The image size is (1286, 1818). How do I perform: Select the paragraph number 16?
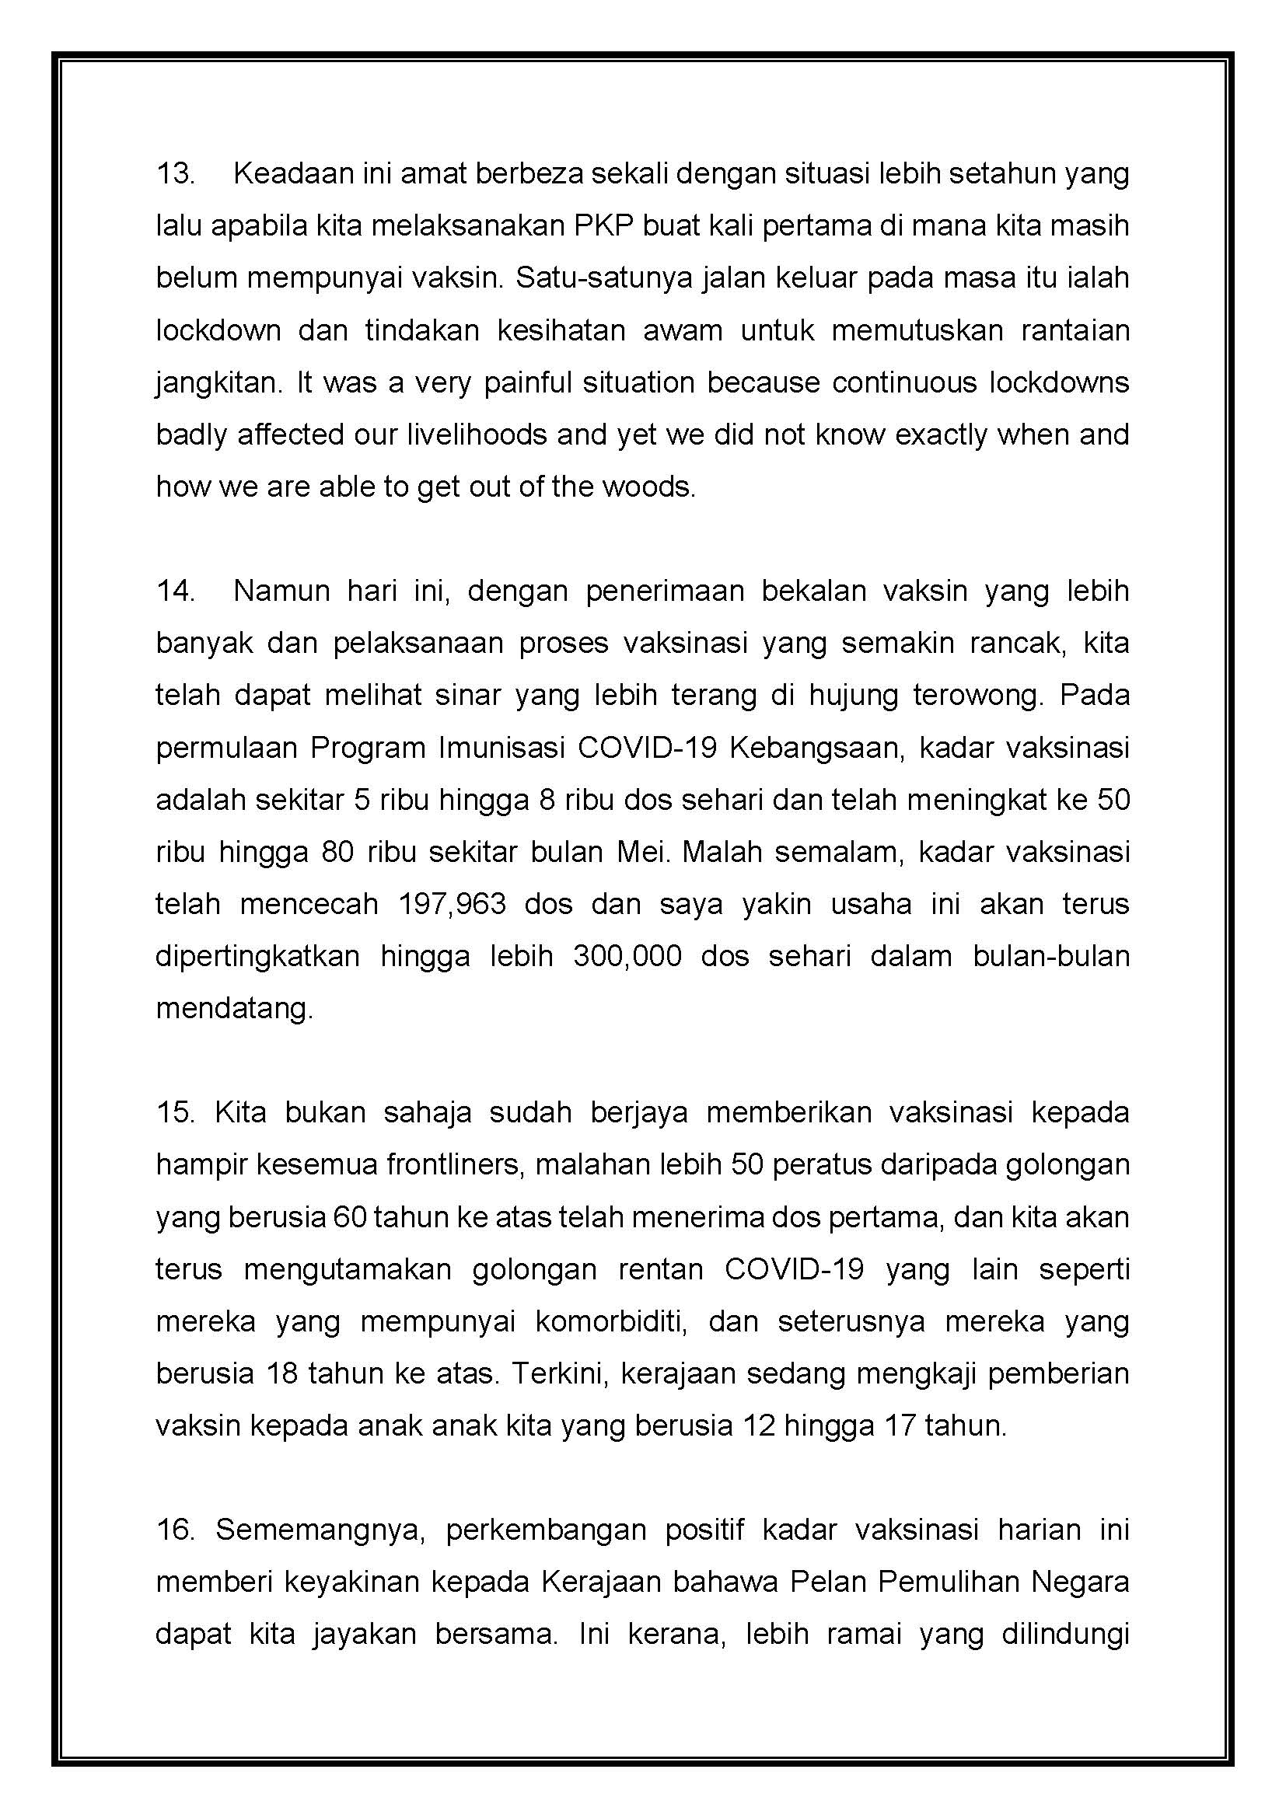[175, 1530]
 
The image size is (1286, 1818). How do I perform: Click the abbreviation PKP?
[602, 226]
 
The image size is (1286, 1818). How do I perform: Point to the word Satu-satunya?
[601, 279]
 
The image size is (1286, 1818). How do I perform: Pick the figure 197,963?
[453, 904]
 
